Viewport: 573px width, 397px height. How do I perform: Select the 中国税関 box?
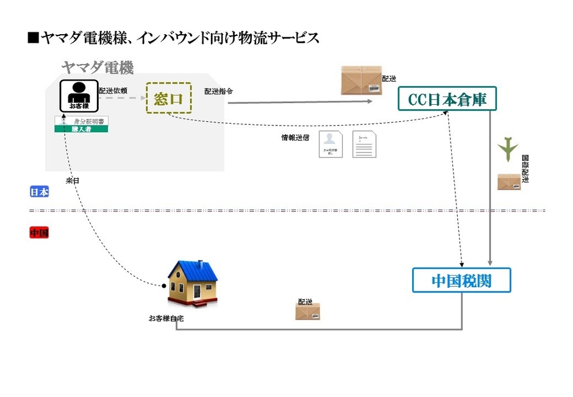(x=461, y=281)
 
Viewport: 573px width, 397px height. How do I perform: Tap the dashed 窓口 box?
(x=169, y=98)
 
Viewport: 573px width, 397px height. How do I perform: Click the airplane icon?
(x=508, y=148)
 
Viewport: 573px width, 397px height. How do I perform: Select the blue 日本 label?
(x=40, y=192)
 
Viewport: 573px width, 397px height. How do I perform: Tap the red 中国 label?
(x=40, y=233)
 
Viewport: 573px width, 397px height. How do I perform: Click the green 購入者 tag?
(x=81, y=129)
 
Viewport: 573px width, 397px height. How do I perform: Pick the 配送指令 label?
(x=218, y=91)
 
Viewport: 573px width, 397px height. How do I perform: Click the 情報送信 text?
(x=294, y=138)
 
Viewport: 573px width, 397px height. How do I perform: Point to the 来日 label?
(x=73, y=181)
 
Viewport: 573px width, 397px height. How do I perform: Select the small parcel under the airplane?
(x=509, y=182)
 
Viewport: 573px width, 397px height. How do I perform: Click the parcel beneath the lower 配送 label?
(x=308, y=312)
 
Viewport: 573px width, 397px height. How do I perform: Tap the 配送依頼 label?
(x=113, y=91)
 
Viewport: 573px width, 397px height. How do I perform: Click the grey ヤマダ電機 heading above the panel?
(x=98, y=67)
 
